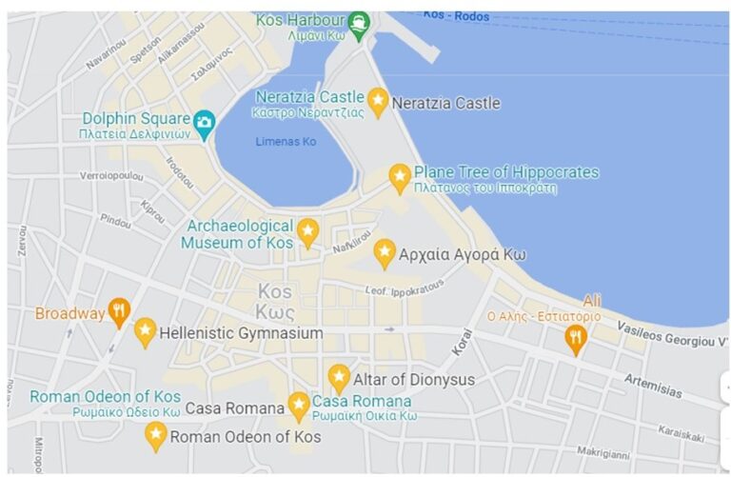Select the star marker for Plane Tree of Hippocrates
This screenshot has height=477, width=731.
[400, 176]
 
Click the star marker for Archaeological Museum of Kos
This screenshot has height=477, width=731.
[307, 230]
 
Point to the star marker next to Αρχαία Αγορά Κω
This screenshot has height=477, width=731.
[385, 252]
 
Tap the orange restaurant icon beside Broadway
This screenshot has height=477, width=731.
[119, 310]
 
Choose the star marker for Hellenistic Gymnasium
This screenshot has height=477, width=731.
[145, 331]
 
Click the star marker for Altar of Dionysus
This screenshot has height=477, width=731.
[339, 377]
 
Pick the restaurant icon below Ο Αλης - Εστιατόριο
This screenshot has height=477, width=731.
[575, 337]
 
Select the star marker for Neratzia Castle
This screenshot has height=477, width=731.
[378, 101]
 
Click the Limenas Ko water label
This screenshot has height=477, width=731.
[286, 142]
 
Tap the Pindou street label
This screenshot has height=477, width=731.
[115, 222]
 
